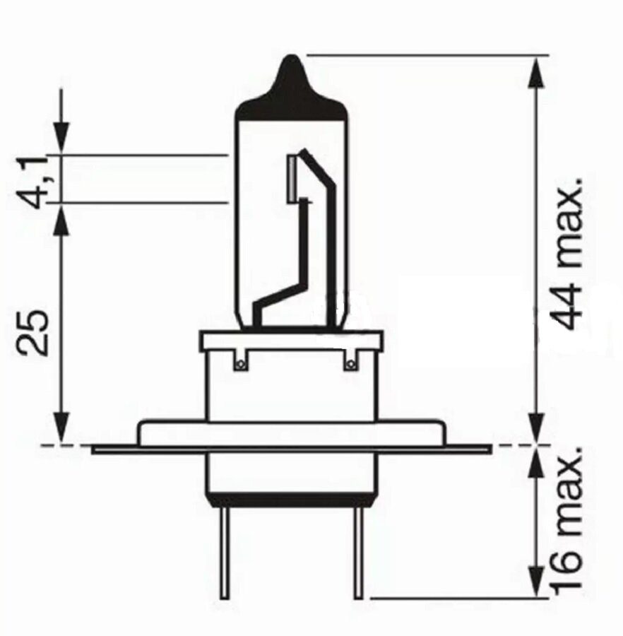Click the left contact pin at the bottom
(225, 553)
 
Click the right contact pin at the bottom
(359, 553)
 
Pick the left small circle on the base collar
(241, 364)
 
